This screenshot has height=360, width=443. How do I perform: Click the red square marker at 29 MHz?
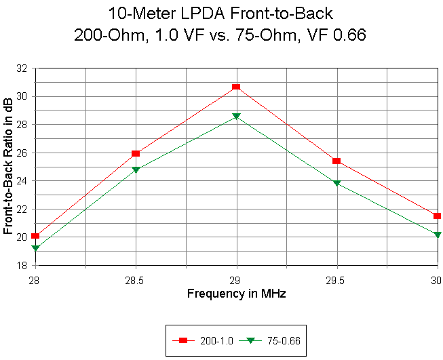point(236,87)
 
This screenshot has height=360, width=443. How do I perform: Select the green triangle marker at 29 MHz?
point(236,117)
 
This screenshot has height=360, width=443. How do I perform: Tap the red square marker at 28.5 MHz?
point(136,154)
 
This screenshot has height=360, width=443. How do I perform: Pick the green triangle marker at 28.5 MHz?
point(136,169)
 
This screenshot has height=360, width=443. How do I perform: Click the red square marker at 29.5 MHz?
point(336,161)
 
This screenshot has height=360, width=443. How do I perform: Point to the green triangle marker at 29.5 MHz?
point(336,184)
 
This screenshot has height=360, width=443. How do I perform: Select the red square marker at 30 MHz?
point(437,216)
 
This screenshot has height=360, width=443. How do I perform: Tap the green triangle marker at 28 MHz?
point(36,248)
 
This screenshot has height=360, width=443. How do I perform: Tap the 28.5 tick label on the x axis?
point(136,279)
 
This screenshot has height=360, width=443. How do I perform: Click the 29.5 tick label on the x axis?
point(336,279)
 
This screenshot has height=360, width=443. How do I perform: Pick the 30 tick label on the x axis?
point(436,279)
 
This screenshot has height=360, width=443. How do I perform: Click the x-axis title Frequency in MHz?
point(236,294)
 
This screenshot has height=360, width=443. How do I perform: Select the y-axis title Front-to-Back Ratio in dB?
point(8,167)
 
